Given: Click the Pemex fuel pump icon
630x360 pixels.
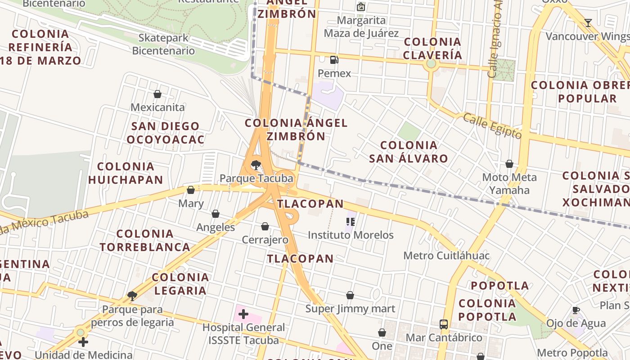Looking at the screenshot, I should point(334,59).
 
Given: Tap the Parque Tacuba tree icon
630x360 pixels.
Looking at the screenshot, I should point(256,165).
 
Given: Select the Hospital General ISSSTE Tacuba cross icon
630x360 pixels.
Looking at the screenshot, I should point(243,314).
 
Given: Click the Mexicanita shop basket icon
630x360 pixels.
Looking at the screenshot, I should point(157,94).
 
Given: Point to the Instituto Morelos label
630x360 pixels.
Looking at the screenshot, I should point(351,235).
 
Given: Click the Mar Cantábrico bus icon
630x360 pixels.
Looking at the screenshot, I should point(444,324).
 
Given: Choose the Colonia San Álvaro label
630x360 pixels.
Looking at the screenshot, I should point(409,152).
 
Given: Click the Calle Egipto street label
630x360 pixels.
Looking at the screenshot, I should point(492,126).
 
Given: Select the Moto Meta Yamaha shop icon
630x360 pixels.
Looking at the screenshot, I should point(509,164).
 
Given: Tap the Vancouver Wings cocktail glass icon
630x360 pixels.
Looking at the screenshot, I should point(588,22).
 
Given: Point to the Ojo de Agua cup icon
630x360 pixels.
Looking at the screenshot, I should point(576,310).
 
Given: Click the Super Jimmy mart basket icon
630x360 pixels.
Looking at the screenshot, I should point(350,295).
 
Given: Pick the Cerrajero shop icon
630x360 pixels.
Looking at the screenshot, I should point(265,226).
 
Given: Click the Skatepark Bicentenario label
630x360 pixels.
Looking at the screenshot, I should point(163,44).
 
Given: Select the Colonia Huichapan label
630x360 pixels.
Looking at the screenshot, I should point(126,173).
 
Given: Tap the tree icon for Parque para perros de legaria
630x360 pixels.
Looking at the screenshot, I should point(132,296).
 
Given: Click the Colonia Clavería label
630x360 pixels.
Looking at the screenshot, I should point(432,48).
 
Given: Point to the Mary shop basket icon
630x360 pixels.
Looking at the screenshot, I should point(191,190).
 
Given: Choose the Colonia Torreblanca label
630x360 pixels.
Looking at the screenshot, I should point(145,240).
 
